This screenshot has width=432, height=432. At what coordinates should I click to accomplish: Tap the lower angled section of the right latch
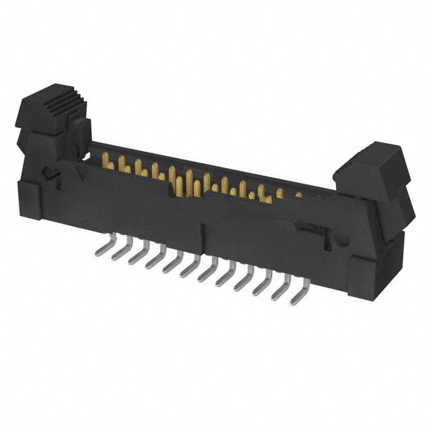pyautogui.click(x=391, y=202)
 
